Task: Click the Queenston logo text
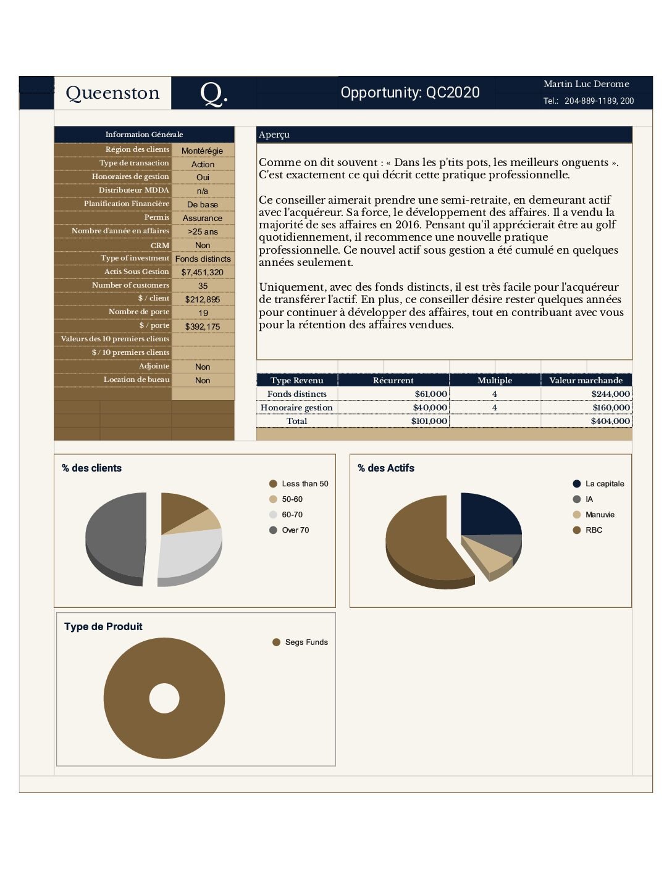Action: point(112,93)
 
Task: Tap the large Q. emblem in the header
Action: point(214,93)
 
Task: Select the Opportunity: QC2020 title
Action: point(410,93)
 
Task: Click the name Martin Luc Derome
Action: point(586,84)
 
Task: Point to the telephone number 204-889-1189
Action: point(591,101)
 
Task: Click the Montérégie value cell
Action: point(203,151)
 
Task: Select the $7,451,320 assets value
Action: point(203,272)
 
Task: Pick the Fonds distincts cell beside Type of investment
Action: point(203,259)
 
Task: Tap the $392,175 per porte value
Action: point(203,326)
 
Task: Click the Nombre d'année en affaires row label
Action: point(120,231)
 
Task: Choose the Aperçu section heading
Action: point(274,135)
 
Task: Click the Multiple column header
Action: point(494,380)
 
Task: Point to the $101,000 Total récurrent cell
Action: point(429,421)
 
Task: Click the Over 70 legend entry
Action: point(295,530)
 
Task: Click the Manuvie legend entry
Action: point(599,515)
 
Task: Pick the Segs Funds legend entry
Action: point(306,642)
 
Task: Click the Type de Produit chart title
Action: point(103,626)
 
